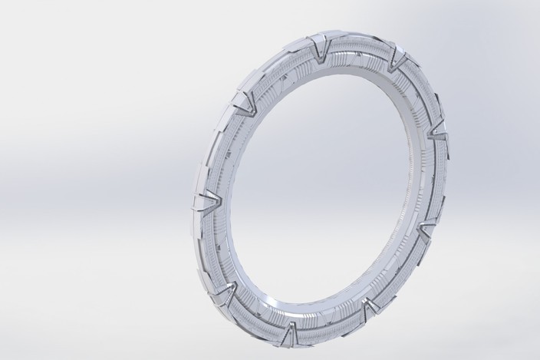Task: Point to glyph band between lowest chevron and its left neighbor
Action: click(x=257, y=315)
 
